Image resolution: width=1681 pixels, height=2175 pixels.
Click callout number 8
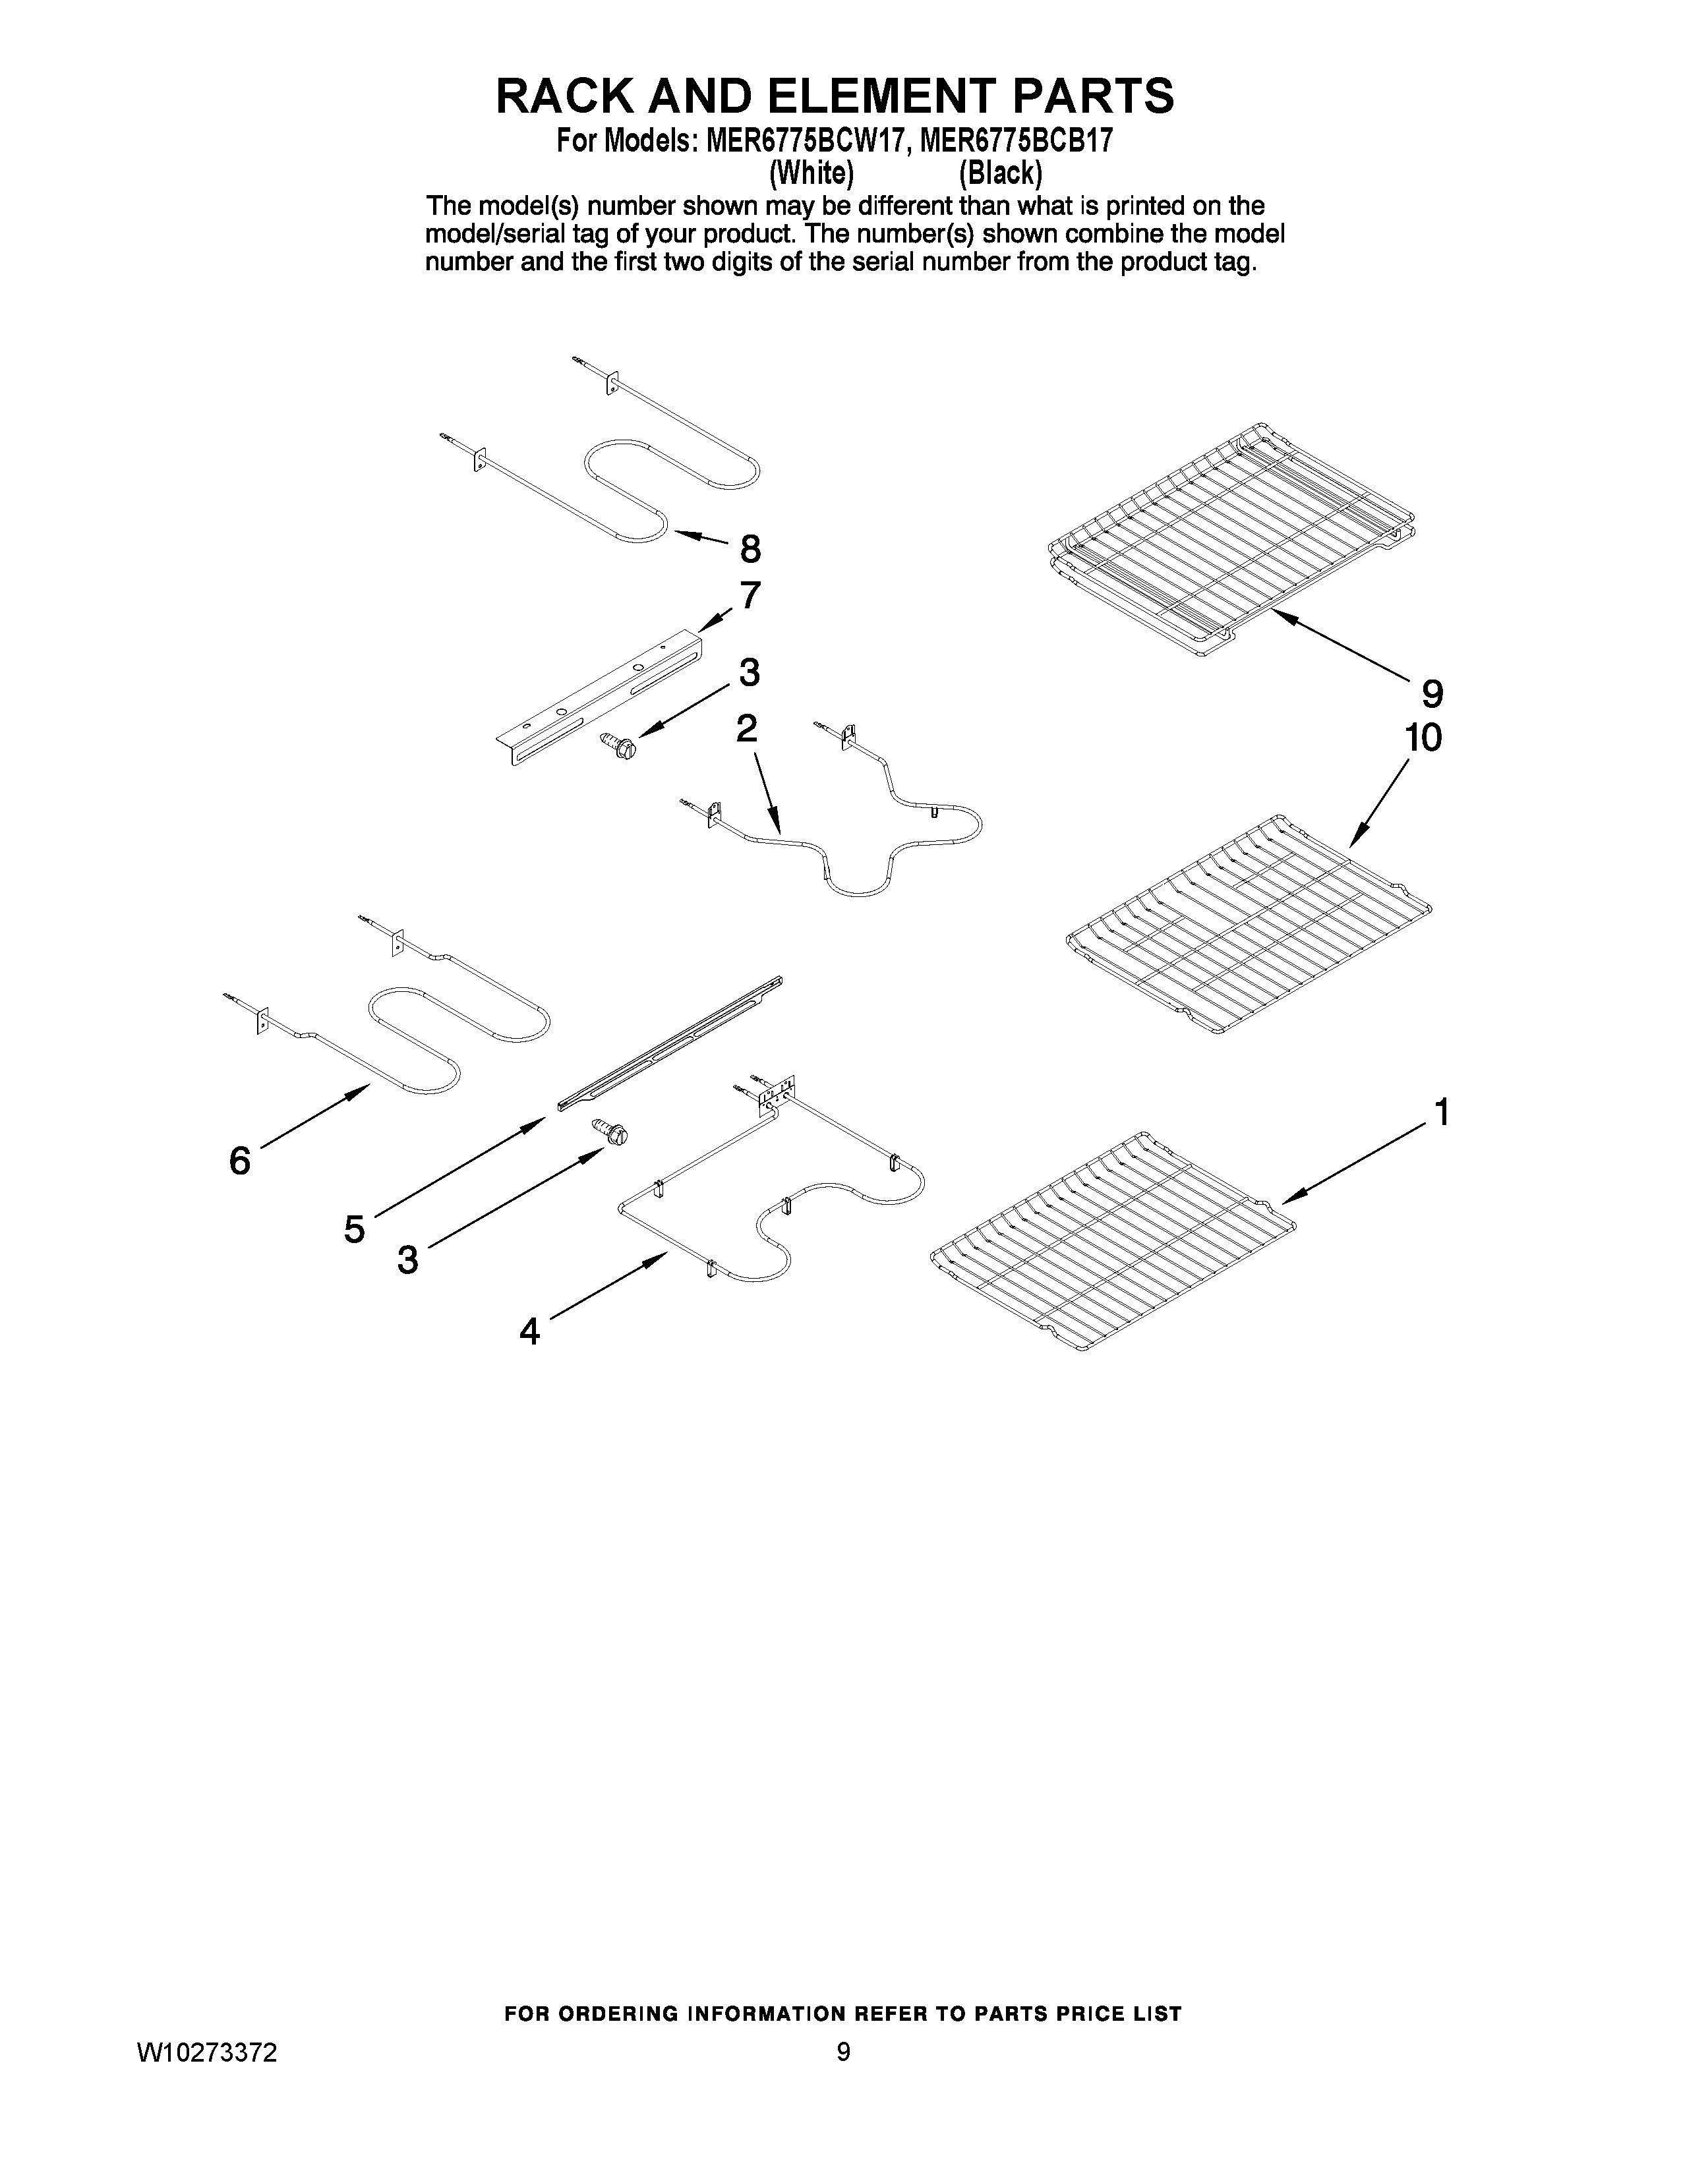[750, 549]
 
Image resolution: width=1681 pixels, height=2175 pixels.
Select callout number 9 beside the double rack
[1431, 692]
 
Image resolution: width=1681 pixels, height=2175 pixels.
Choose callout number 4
[530, 1331]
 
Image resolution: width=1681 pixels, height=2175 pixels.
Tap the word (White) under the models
[811, 173]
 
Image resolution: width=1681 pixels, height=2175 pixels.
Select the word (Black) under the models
[1000, 173]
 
